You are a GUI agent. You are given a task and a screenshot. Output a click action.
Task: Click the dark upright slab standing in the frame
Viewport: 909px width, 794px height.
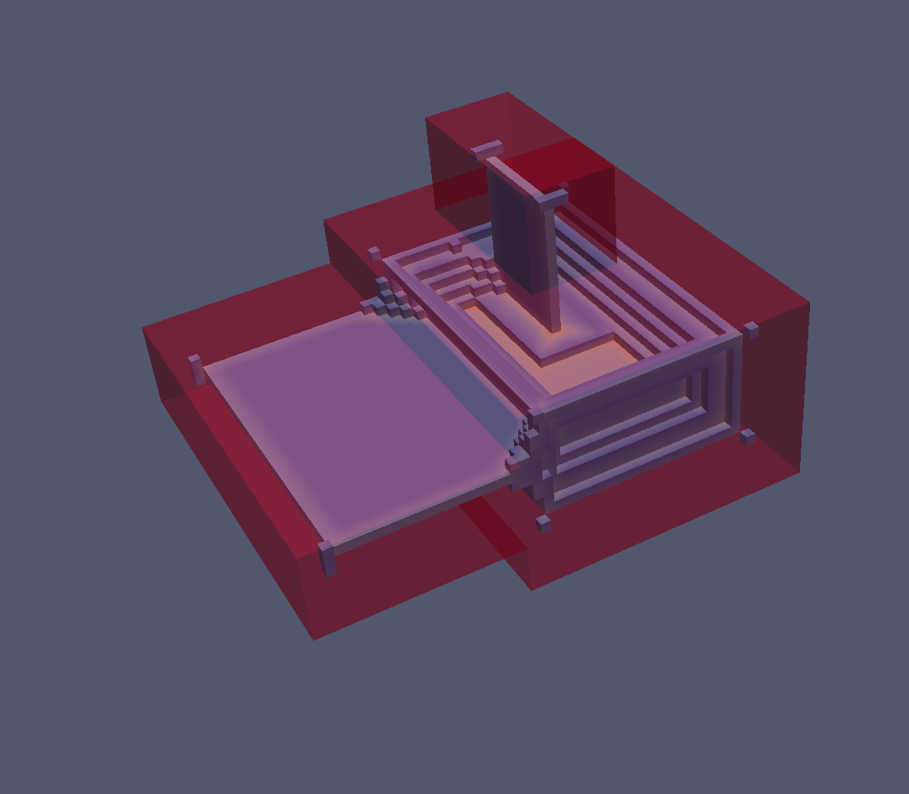pyautogui.click(x=520, y=235)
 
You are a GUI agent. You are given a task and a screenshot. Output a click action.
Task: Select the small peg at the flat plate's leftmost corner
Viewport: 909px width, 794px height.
pyautogui.click(x=196, y=369)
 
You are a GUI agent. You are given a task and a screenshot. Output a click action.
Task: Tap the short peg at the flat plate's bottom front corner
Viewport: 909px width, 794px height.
pyautogui.click(x=328, y=558)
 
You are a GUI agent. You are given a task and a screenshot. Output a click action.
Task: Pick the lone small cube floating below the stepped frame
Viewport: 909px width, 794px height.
pyautogui.click(x=543, y=524)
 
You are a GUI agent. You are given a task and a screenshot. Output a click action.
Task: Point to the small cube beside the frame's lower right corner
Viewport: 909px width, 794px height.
pyautogui.click(x=746, y=436)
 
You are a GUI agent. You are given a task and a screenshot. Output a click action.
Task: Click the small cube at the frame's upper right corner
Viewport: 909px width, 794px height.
pyautogui.click(x=751, y=330)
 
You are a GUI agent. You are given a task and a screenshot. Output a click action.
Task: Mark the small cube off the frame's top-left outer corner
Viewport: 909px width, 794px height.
pyautogui.click(x=374, y=252)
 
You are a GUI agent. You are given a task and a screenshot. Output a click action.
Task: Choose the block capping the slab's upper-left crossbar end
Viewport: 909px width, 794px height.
pyautogui.click(x=487, y=151)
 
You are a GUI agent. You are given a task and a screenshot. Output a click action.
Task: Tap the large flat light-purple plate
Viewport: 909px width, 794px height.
pyautogui.click(x=352, y=419)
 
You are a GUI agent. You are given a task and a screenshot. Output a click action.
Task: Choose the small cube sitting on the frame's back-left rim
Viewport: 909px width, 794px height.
pyautogui.click(x=455, y=245)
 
